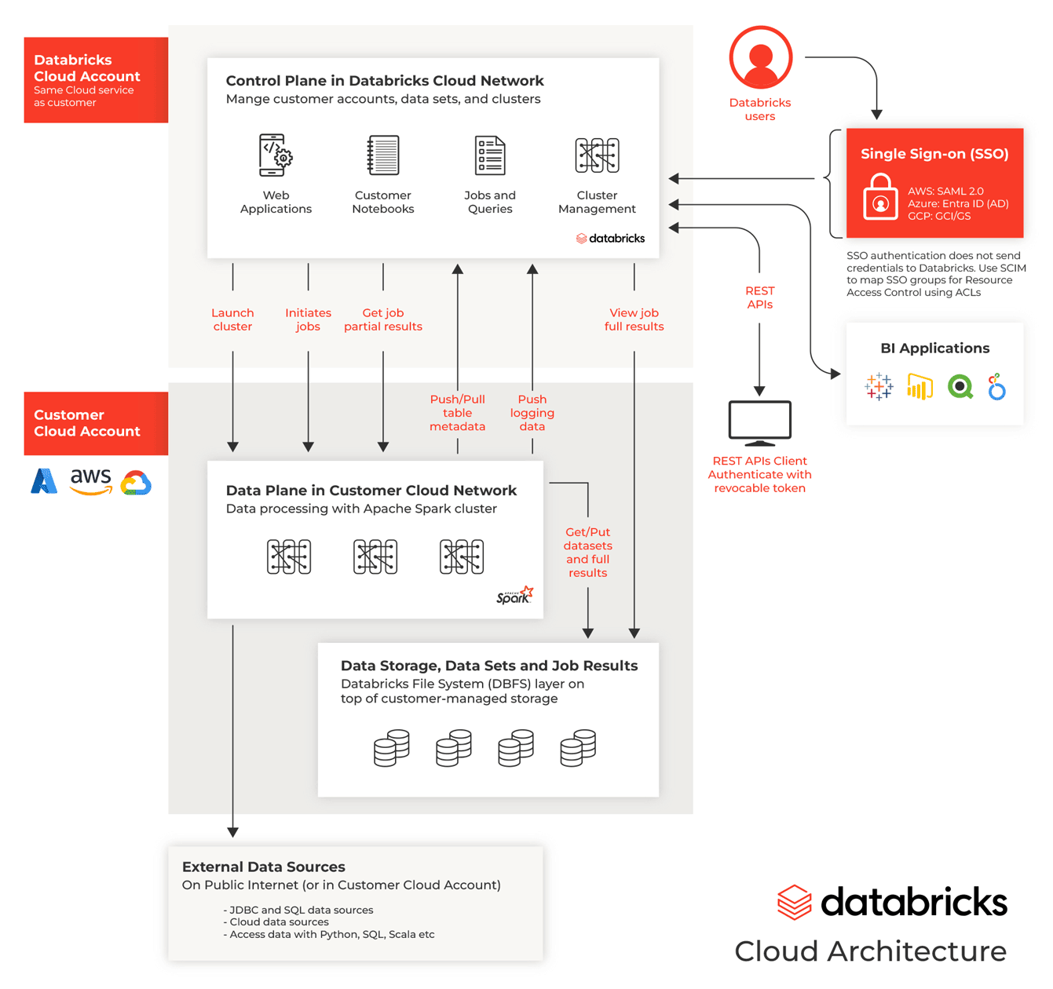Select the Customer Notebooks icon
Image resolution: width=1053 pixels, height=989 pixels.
pyautogui.click(x=383, y=155)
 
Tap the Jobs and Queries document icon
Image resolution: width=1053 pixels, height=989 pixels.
pyautogui.click(x=490, y=155)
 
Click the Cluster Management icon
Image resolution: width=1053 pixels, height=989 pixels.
pyautogui.click(x=597, y=155)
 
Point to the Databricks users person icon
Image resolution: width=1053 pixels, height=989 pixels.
pyautogui.click(x=760, y=57)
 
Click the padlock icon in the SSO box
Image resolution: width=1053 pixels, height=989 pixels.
pyautogui.click(x=880, y=198)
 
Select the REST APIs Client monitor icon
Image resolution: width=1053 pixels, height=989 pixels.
pyautogui.click(x=759, y=423)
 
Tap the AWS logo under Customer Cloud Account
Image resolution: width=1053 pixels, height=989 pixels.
pyautogui.click(x=91, y=481)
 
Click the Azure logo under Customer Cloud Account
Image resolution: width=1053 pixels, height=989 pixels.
pyautogui.click(x=44, y=481)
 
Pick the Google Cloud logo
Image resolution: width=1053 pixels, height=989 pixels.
pyautogui.click(x=136, y=483)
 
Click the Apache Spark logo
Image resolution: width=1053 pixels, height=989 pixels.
pyautogui.click(x=515, y=596)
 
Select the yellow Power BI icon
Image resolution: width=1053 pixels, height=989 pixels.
pyautogui.click(x=920, y=387)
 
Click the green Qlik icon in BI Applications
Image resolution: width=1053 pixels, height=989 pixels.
pyautogui.click(x=960, y=387)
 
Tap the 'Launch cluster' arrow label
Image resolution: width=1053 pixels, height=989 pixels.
pyautogui.click(x=232, y=319)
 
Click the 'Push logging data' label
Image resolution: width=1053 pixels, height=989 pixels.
pyautogui.click(x=532, y=413)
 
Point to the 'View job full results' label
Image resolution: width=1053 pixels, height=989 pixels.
pyautogui.click(x=634, y=319)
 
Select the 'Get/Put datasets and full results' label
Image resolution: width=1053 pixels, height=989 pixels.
pyautogui.click(x=587, y=553)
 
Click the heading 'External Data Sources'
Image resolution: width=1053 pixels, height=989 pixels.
pyautogui.click(x=264, y=867)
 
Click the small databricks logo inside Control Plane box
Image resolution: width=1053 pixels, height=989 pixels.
pyautogui.click(x=611, y=239)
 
